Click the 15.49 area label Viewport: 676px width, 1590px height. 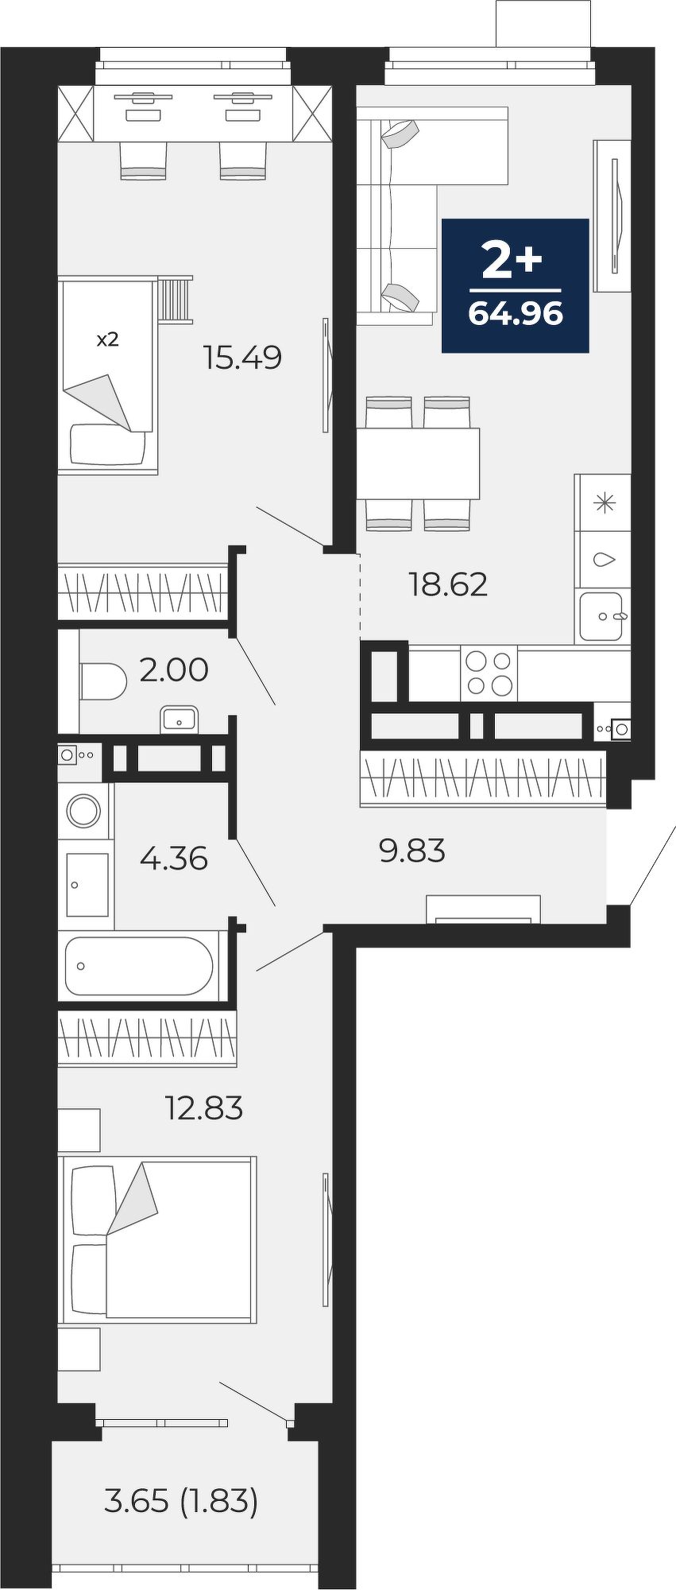tap(242, 358)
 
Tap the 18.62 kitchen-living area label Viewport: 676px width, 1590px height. tap(448, 584)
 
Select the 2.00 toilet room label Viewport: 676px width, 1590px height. tap(174, 669)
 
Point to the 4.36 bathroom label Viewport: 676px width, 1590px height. tap(173, 859)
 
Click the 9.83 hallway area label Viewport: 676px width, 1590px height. tap(412, 851)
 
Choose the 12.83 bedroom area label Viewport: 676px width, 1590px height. tap(203, 1107)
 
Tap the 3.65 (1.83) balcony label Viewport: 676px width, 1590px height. tap(181, 1502)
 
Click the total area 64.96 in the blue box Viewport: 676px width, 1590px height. tap(516, 314)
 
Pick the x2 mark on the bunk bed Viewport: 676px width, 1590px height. tap(107, 339)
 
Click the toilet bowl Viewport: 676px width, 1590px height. tap(103, 681)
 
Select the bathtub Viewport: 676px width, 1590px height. tap(139, 966)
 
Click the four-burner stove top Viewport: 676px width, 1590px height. tap(489, 673)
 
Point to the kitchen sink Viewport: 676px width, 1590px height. tap(601, 617)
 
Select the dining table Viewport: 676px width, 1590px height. tap(418, 463)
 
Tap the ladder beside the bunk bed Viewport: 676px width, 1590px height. tap(175, 299)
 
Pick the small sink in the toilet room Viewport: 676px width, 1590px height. tap(179, 720)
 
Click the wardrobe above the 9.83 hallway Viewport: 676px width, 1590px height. tap(483, 778)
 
